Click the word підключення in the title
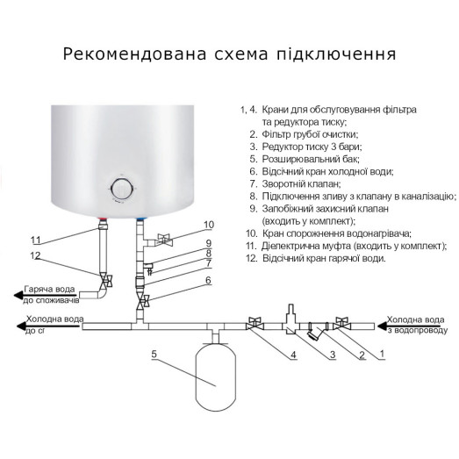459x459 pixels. tap(336, 54)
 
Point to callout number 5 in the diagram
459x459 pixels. tap(154, 355)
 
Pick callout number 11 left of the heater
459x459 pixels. tap(35, 240)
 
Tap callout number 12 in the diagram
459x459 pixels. tap(35, 255)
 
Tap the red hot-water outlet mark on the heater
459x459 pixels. tap(106, 217)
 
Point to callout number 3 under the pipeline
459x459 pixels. tap(333, 355)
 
